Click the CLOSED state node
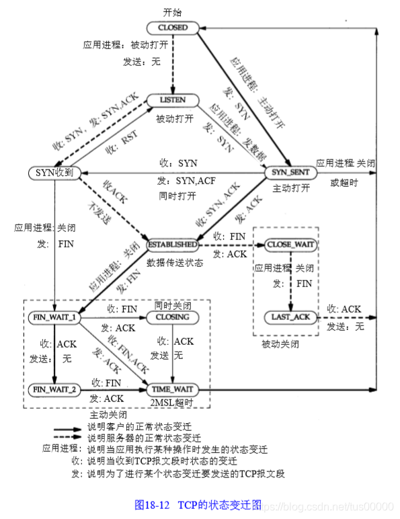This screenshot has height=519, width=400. pyautogui.click(x=173, y=28)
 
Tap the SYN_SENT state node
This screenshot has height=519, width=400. pyautogui.click(x=290, y=173)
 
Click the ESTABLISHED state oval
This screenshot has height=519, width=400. pyautogui.click(x=173, y=244)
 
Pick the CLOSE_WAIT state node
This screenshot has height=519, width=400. pyautogui.click(x=290, y=244)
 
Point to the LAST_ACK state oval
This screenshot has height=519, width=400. pyautogui.click(x=290, y=316)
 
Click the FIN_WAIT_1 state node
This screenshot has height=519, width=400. pyautogui.click(x=54, y=316)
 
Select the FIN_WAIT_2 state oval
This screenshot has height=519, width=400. pyautogui.click(x=54, y=388)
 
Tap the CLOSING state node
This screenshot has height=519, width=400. pyautogui.click(x=173, y=316)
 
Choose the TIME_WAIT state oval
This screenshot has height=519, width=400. pyautogui.click(x=173, y=388)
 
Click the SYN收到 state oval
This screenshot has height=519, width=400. pyautogui.click(x=54, y=173)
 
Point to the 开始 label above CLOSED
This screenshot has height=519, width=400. pyautogui.click(x=173, y=13)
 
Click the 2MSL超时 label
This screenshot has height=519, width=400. pyautogui.click(x=173, y=402)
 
